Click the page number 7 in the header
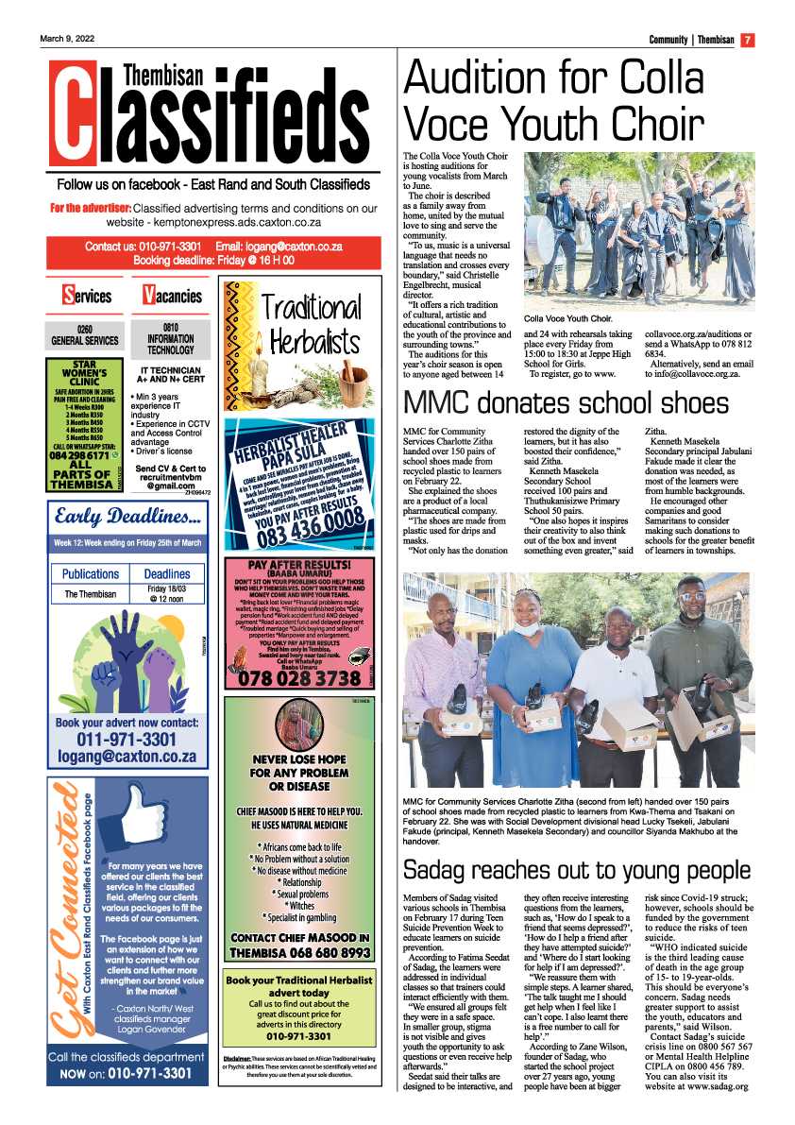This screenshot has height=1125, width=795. click(746, 40)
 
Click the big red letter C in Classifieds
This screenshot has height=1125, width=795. click(73, 111)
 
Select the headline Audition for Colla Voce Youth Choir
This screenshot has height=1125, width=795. click(554, 100)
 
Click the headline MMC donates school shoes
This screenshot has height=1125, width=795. click(567, 402)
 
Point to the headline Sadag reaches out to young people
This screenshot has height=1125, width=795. click(576, 869)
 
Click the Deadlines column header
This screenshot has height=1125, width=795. click(167, 573)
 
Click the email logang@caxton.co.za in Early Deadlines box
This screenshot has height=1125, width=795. click(126, 757)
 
